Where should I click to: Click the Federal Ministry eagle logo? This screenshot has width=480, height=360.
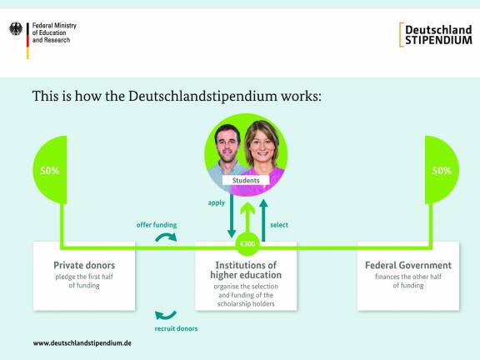click(x=16, y=30)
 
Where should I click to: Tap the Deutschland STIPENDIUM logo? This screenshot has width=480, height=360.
click(x=436, y=34)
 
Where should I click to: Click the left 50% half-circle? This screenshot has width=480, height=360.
click(x=52, y=171)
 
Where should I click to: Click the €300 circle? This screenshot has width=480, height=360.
click(x=247, y=244)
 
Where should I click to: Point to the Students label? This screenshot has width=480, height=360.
click(x=246, y=180)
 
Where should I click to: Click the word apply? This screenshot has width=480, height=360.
click(x=217, y=202)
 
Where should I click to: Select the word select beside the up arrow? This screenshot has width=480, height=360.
click(x=279, y=224)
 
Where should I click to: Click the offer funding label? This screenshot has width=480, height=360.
click(x=157, y=224)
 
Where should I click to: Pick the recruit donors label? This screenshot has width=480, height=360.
click(x=176, y=329)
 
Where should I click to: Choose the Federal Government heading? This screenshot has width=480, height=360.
click(x=408, y=266)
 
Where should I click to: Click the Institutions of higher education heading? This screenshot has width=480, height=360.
click(x=246, y=270)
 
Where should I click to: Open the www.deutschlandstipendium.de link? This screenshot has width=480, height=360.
click(x=82, y=342)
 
